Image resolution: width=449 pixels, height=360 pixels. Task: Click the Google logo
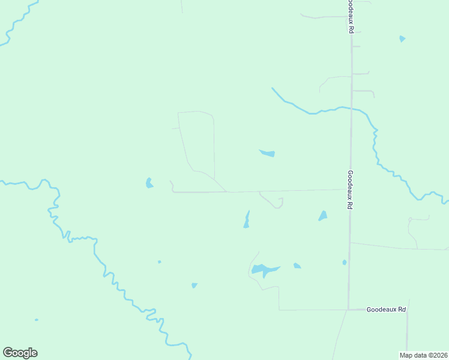20,353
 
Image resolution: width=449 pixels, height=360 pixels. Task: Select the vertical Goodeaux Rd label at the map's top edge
349,16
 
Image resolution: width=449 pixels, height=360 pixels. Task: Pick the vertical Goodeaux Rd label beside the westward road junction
349,189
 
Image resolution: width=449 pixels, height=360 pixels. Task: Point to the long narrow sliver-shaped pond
247,220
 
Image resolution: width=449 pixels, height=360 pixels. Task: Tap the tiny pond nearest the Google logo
37,320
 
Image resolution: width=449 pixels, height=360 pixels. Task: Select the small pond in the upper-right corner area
402,39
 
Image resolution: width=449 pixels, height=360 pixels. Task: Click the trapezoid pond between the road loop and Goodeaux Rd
323,215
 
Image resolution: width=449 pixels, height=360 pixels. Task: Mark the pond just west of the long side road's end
149,183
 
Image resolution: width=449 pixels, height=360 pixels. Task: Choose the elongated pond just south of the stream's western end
267,153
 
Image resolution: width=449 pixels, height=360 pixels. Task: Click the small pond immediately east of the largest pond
297,265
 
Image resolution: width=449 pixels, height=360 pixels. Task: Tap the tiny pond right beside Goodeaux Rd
344,262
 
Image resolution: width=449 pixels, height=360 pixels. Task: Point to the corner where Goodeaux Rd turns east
349,310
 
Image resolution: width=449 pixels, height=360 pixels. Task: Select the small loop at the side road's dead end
280,203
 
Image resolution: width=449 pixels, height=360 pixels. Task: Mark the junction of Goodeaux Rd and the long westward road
350,190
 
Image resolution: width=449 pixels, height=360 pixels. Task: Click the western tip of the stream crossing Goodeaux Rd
273,88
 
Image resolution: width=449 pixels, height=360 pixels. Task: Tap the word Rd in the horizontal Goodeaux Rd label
402,310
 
